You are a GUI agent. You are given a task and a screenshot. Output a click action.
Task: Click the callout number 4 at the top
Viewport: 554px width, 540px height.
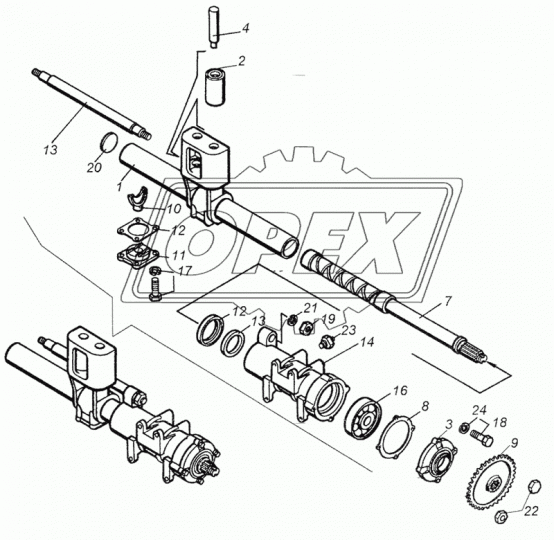click(245, 28)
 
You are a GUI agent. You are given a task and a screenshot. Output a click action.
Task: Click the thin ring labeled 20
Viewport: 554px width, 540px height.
click(108, 142)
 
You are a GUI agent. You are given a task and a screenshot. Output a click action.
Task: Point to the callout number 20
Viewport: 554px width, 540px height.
click(94, 168)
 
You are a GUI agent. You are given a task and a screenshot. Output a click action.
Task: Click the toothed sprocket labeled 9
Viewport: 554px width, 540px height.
click(490, 479)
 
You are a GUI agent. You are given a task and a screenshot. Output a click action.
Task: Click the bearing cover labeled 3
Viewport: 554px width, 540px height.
click(437, 459)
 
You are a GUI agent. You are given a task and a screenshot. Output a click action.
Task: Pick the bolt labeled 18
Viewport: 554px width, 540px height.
click(481, 437)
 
